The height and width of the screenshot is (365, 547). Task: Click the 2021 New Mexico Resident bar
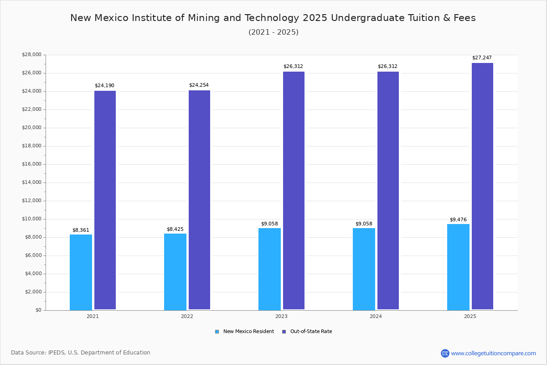[x=81, y=272]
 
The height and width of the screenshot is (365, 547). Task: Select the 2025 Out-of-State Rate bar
[x=482, y=186]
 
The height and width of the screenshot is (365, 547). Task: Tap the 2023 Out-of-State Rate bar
[x=294, y=191]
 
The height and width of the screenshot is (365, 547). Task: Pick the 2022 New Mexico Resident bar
[x=175, y=272]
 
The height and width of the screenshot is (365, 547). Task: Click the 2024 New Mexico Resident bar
[x=364, y=269]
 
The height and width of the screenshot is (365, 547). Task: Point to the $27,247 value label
[x=482, y=58]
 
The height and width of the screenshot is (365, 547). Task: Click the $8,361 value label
[x=81, y=230]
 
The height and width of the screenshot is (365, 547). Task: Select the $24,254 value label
[x=199, y=85]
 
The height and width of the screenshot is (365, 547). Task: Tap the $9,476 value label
[x=458, y=219]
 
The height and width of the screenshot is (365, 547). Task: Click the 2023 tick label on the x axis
[x=281, y=316]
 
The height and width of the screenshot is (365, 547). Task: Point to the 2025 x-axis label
[x=470, y=316]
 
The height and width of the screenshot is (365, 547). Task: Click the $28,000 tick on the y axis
[x=31, y=55]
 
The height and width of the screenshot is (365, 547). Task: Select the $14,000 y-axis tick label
[x=31, y=182]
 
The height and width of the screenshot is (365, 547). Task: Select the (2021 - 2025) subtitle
[x=273, y=32]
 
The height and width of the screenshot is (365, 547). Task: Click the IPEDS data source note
[x=81, y=353]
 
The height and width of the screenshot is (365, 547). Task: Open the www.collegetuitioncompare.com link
[x=493, y=353]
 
